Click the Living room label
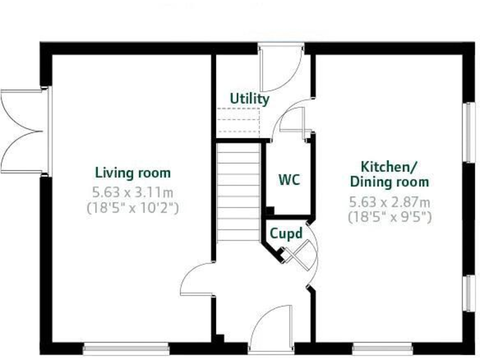[x=132, y=172]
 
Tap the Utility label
[x=249, y=99]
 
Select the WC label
[x=289, y=180]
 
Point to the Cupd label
[x=286, y=234]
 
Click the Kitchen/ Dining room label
[x=389, y=174]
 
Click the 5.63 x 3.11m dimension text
[x=132, y=192]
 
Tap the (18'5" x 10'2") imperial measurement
[x=132, y=207]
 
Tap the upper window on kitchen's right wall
[x=468, y=131]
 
